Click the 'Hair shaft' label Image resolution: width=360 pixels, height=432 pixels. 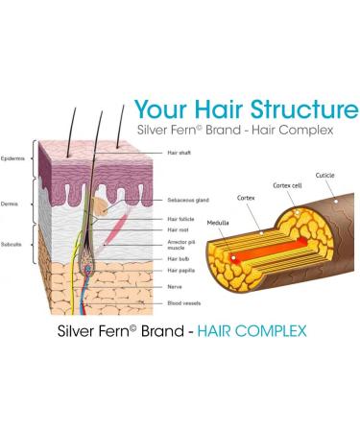click(180, 153)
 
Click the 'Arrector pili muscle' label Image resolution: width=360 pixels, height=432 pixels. click(181, 245)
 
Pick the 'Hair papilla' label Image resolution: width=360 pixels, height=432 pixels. click(180, 271)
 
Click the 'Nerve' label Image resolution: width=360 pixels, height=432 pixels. click(173, 285)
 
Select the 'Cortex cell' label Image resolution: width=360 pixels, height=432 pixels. click(287, 184)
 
